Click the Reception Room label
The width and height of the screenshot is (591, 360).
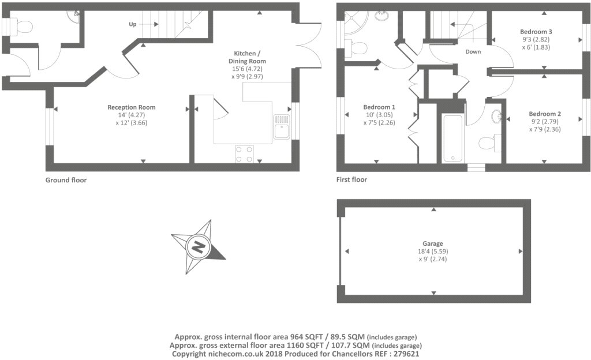(132, 107)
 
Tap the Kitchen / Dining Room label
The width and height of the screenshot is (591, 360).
(247, 57)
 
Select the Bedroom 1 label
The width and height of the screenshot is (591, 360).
(379, 107)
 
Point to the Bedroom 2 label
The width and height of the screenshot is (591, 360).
(545, 114)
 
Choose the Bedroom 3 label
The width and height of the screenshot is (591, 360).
(536, 32)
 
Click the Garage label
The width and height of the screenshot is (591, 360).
(433, 243)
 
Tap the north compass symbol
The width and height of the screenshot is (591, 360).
(198, 247)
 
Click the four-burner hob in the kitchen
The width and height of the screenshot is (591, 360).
(244, 153)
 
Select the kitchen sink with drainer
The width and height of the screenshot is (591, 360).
(282, 126)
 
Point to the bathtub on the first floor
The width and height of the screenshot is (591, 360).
(452, 138)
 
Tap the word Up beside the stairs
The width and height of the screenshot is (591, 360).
(133, 24)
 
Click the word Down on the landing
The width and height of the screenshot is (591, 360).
(473, 51)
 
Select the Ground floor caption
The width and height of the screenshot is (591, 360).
(66, 180)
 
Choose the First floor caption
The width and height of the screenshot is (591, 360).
(351, 179)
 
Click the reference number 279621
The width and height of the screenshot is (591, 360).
(406, 354)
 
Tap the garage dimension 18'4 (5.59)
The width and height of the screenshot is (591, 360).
(433, 251)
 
